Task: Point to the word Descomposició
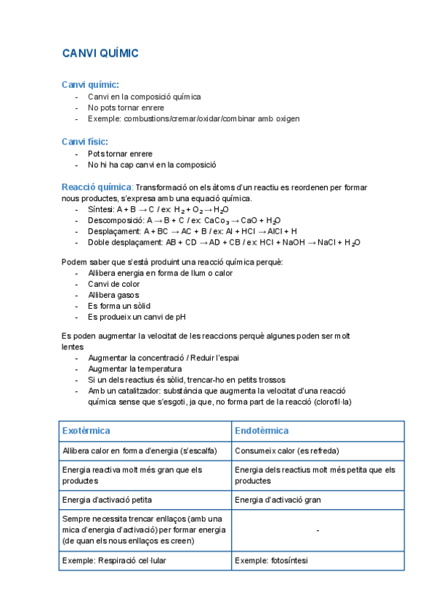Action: tap(114, 220)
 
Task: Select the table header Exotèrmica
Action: tap(86, 431)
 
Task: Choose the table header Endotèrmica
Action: tap(262, 431)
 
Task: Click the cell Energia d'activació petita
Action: tap(108, 500)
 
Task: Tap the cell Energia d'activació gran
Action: tap(279, 500)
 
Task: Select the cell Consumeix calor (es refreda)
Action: tap(287, 451)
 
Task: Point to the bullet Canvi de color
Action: tap(113, 284)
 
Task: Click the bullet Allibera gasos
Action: tap(113, 295)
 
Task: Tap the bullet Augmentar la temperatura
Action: tap(134, 369)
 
